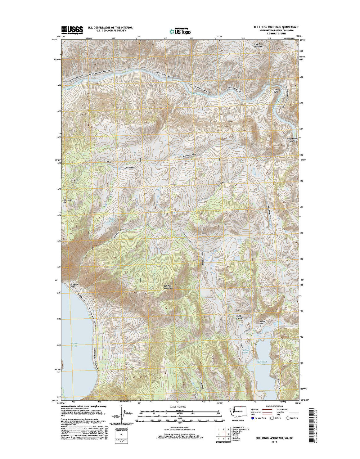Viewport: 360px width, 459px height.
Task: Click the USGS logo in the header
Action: (72, 30)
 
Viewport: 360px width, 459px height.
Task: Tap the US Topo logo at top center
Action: (180, 30)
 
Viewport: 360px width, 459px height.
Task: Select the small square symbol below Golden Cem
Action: (260, 326)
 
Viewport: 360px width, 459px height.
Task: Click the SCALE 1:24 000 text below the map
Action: (180, 406)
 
